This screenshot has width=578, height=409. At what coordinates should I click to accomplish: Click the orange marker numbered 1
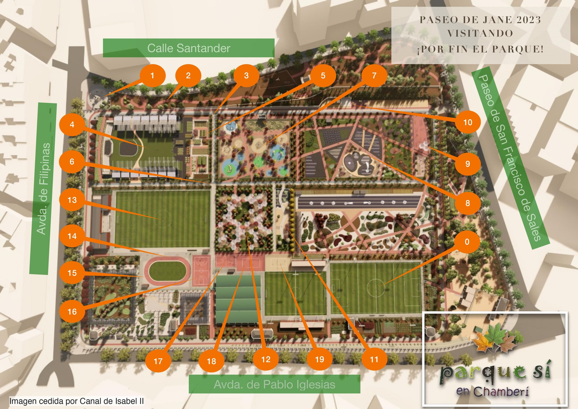(x=153, y=76)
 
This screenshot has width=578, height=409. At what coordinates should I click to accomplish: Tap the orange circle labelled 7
(x=374, y=76)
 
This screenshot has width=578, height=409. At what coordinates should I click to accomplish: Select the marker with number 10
(x=468, y=122)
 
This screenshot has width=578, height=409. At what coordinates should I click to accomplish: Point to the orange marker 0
(x=467, y=242)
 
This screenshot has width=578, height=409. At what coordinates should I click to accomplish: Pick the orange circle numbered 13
(x=72, y=200)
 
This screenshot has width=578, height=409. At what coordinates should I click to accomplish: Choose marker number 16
(x=72, y=312)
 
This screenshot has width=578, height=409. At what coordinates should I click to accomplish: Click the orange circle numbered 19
(x=319, y=360)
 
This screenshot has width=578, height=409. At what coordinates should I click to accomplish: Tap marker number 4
(x=72, y=125)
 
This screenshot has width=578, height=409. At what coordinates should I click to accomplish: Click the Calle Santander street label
(x=188, y=48)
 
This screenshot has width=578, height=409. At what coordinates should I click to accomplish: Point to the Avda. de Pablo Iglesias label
(x=274, y=384)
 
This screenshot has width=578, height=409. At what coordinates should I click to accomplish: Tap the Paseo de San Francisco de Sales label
(x=510, y=158)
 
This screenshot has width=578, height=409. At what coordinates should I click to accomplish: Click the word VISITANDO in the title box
(x=480, y=34)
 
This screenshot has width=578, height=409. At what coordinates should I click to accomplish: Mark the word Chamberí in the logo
(x=501, y=392)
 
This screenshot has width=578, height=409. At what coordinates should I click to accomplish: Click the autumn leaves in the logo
(x=494, y=338)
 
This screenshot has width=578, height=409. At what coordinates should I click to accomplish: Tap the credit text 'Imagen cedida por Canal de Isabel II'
(x=76, y=401)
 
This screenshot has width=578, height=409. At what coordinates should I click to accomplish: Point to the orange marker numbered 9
(x=468, y=164)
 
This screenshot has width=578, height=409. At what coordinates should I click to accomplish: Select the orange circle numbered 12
(x=266, y=360)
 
